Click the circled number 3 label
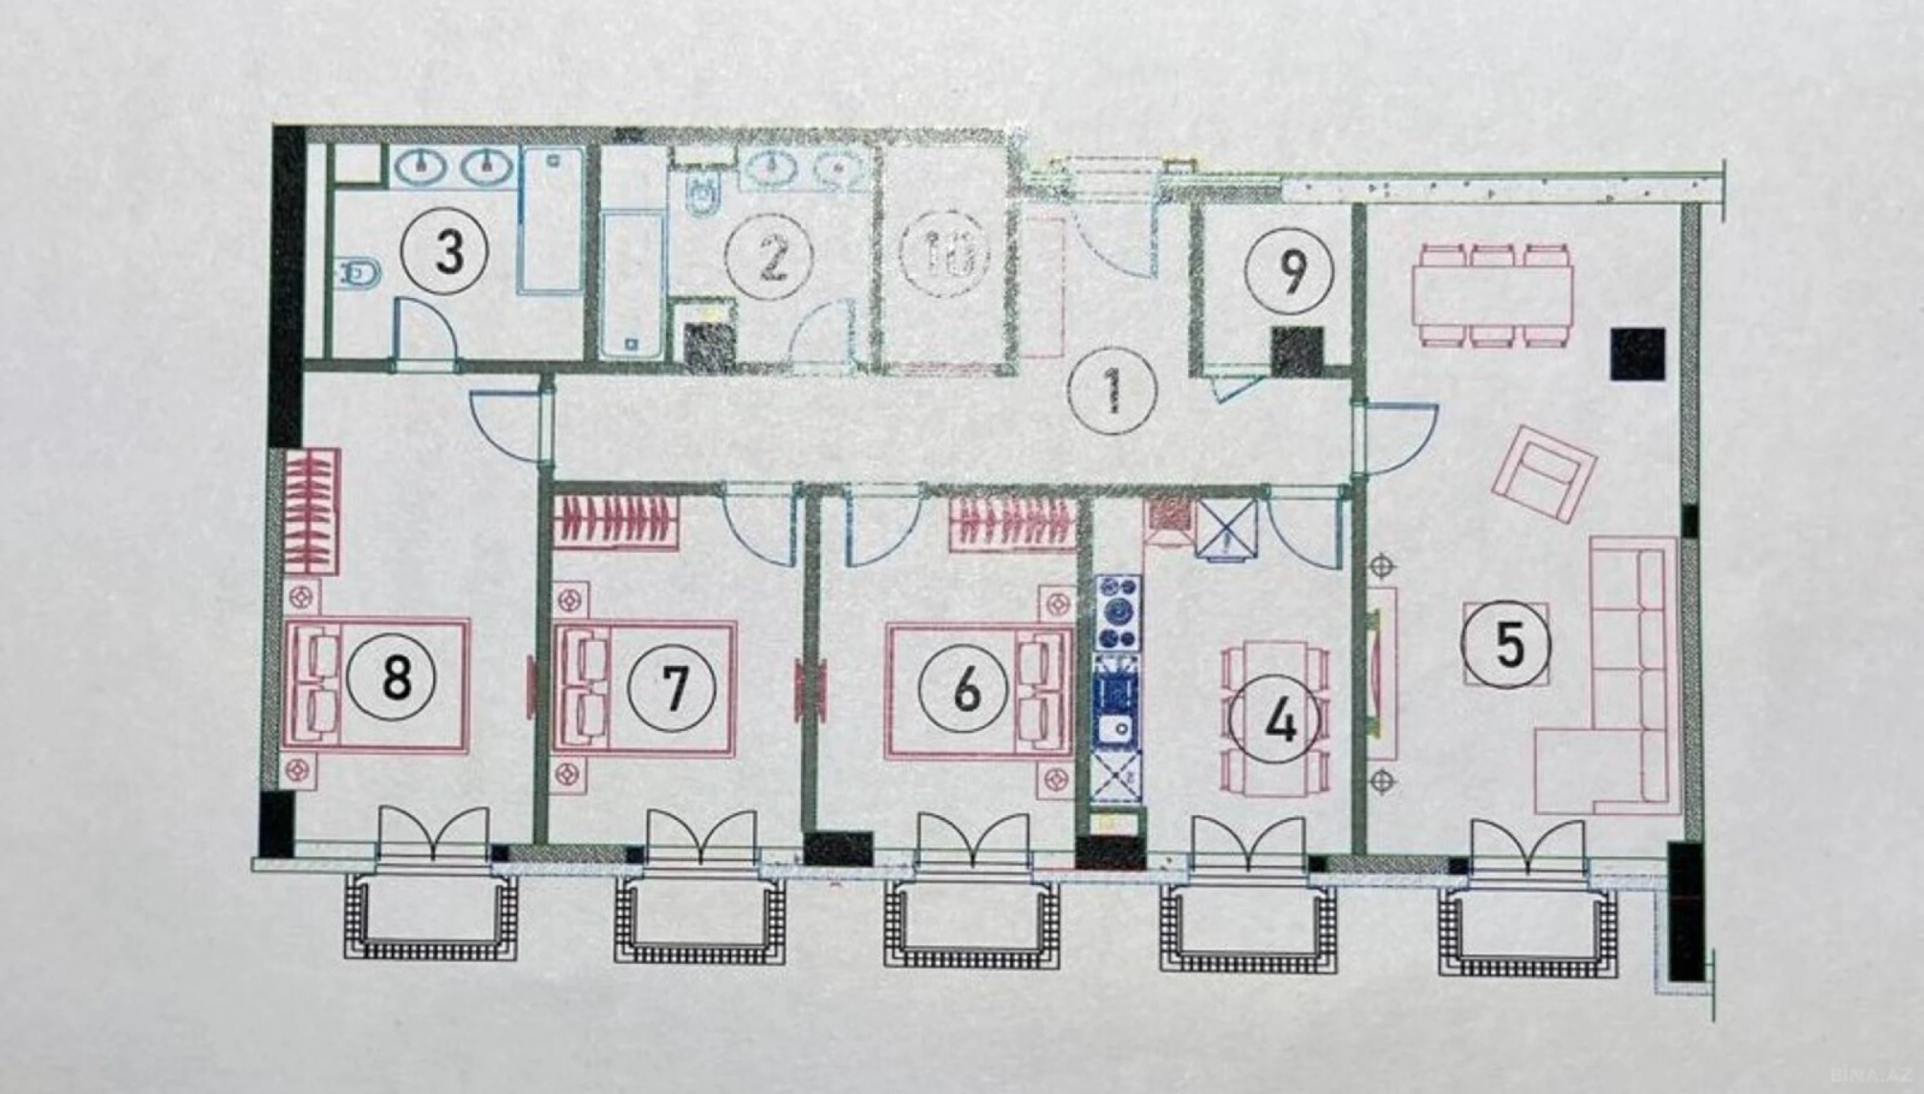coord(449,252)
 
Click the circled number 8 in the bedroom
coord(397,678)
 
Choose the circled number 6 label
coord(966,689)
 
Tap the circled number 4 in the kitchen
coord(1280,721)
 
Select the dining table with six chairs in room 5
coord(1494,295)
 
